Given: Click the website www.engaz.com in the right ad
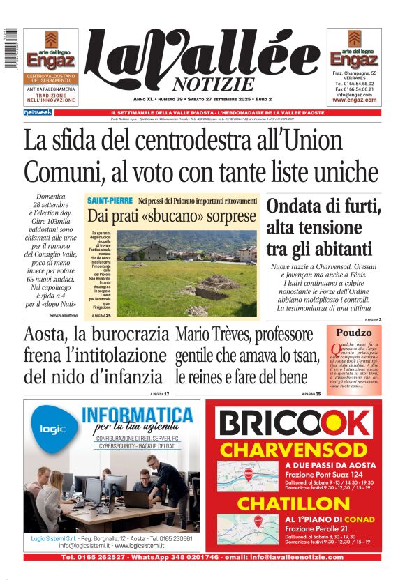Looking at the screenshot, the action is coord(354,100).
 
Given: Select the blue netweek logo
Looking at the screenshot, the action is coord(38,112).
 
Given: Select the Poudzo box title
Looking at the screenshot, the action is coord(354,333).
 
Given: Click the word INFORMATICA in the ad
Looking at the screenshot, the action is coord(137,416).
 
